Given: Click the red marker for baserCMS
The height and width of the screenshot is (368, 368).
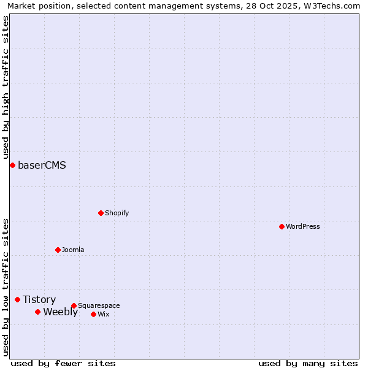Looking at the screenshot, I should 12,165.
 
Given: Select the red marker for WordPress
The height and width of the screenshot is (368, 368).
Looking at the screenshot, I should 282,226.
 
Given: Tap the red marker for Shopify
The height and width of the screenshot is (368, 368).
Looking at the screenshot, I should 101,213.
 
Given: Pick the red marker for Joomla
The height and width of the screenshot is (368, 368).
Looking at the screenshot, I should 58,250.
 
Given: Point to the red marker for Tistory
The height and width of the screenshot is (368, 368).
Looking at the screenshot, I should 17,299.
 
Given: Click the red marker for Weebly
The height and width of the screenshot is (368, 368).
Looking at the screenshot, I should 37,312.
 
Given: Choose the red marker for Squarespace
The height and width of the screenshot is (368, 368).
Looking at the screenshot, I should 74,305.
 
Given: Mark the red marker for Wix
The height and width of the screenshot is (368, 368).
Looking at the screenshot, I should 93,314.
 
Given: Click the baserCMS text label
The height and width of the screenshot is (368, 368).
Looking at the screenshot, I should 42,165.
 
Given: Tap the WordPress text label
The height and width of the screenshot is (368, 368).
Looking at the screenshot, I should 303,226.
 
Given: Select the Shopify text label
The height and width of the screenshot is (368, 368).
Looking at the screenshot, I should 117,213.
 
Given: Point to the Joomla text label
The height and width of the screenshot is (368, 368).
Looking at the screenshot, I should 73,250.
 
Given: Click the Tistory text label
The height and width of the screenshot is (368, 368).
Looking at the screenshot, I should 39,299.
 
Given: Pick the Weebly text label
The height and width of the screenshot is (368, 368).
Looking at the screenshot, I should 60,312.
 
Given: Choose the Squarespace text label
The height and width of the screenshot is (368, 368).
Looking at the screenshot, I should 99,305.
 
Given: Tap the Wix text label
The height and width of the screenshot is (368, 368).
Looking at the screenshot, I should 103,314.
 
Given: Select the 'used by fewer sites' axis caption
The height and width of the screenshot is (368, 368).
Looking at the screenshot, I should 63,363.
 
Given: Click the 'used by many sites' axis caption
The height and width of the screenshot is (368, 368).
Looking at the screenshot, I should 308,363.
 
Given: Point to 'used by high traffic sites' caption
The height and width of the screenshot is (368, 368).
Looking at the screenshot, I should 6,86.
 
